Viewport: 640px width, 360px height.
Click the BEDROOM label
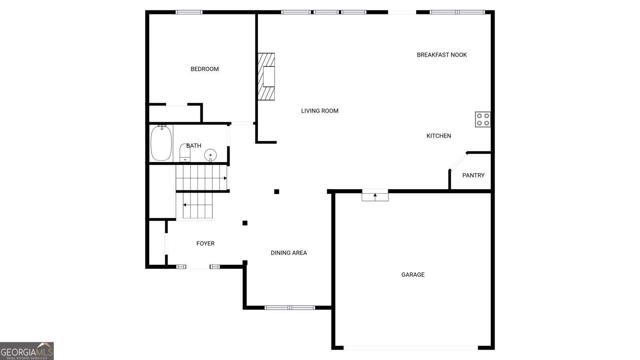point(204,69)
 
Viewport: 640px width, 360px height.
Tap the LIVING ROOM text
point(320,111)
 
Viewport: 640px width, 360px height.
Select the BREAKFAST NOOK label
point(442,55)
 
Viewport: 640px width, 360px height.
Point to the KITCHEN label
point(438,136)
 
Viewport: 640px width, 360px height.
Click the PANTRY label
point(473,175)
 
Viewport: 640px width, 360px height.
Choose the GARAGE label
point(413,274)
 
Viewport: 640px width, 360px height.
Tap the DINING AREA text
point(288,253)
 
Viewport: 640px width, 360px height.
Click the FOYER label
point(205,244)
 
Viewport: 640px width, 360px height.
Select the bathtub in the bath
point(161,143)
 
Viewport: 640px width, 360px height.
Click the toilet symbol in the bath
point(185,153)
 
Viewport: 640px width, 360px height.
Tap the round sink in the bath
point(210,154)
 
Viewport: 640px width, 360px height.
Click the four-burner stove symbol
point(482,119)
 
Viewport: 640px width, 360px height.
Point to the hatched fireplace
point(266,76)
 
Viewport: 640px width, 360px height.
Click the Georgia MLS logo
point(27,351)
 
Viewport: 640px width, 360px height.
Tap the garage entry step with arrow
point(375,196)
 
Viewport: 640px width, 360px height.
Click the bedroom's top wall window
point(189,12)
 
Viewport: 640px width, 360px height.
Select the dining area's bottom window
point(290,308)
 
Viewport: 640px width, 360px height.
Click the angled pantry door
point(458,161)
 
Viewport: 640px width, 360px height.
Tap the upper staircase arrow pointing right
point(225,178)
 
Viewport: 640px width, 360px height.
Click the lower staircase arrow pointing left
point(184,205)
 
